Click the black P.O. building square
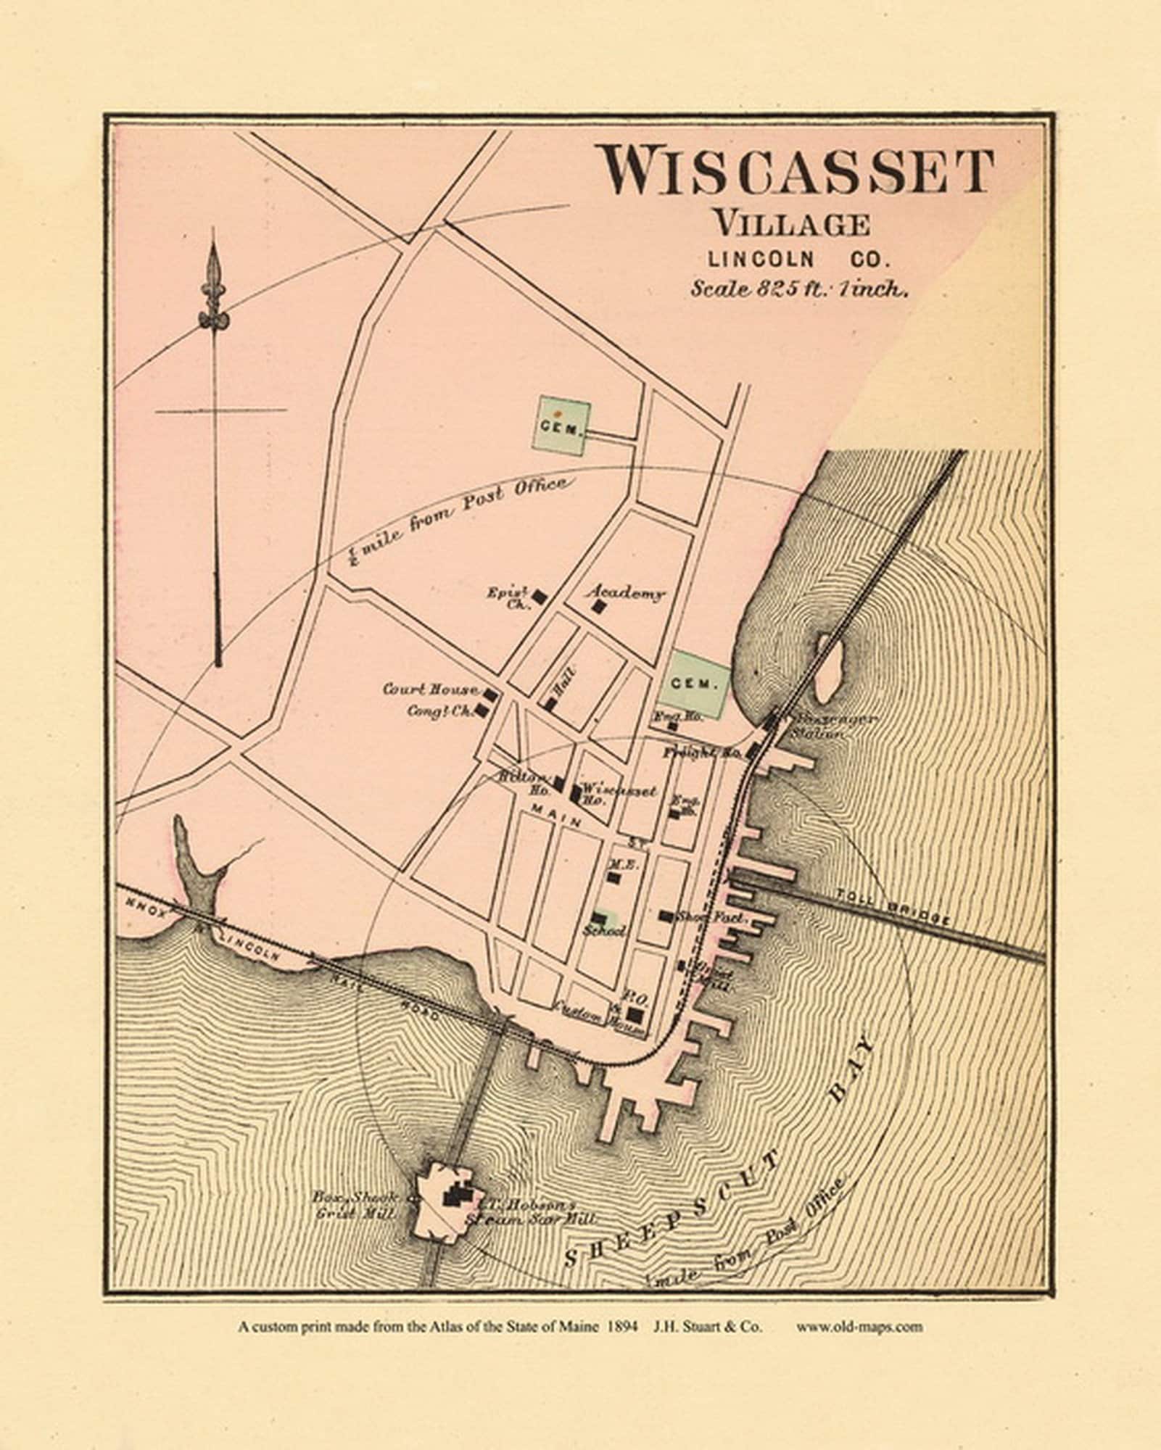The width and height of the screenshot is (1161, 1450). pos(636,1015)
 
